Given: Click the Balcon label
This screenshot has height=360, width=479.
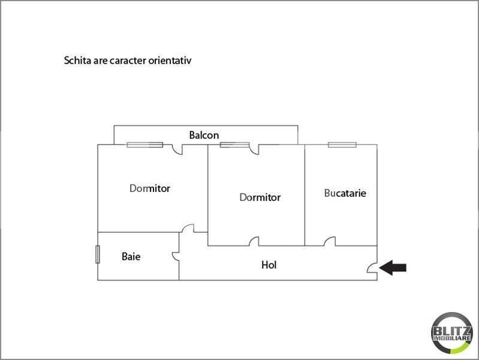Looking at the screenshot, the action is click(x=204, y=135).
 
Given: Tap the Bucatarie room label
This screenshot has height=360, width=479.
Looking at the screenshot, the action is click(x=345, y=193).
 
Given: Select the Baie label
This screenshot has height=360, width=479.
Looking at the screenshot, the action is click(x=131, y=256).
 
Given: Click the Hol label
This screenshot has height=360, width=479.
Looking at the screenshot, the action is click(x=269, y=265).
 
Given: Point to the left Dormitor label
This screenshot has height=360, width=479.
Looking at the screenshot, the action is click(x=150, y=188).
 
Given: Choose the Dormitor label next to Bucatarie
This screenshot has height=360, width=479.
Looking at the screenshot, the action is click(x=260, y=197).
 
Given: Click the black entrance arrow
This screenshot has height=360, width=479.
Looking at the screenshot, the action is click(x=393, y=268).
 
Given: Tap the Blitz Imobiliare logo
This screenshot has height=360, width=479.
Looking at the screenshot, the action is click(x=452, y=333).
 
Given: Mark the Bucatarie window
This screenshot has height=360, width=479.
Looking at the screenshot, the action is click(x=342, y=145).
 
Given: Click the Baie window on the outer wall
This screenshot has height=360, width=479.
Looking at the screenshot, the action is click(x=98, y=254).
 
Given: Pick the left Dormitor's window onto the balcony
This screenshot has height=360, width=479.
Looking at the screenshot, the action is click(x=145, y=145).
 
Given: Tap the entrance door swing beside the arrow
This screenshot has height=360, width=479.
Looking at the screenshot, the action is click(x=372, y=268).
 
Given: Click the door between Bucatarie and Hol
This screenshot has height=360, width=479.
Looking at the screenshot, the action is click(x=330, y=242).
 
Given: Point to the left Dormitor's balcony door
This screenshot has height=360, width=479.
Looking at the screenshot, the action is click(x=177, y=149).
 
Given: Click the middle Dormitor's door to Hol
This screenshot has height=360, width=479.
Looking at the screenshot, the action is click(x=254, y=242).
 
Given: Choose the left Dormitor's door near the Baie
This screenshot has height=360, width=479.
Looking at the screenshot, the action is click(x=188, y=229).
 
